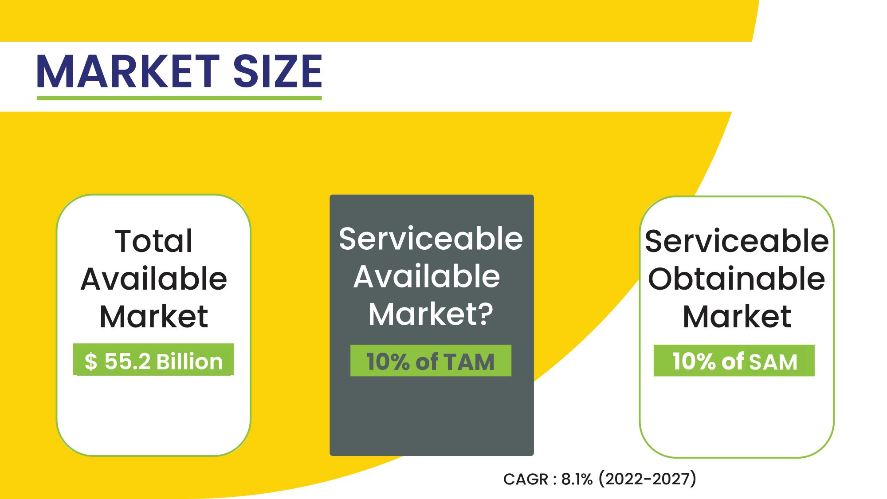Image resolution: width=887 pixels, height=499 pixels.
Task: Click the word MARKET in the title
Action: pos(129,71)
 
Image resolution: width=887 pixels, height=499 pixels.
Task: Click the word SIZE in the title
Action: pos(278,71)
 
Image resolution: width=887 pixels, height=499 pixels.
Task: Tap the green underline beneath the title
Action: pos(179,98)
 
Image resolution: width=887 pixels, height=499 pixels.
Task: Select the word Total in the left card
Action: pos(154,241)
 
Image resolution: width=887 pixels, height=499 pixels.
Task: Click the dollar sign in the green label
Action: pos(90,361)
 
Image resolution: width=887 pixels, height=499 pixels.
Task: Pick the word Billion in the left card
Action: pos(189,361)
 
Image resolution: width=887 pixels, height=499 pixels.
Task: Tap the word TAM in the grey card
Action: pos(469,362)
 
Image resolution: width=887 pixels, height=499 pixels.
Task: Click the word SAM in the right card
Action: pos(773,362)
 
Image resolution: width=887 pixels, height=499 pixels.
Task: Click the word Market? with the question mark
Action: pos(431,314)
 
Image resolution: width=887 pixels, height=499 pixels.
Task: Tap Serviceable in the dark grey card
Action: pos(431,239)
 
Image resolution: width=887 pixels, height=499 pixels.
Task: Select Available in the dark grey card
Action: pos(427,276)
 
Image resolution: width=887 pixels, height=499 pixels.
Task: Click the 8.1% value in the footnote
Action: pos(577,479)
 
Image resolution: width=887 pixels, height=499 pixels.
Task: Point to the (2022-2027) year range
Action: pos(648,479)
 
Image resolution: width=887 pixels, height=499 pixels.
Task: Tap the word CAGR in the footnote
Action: pos(526,479)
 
